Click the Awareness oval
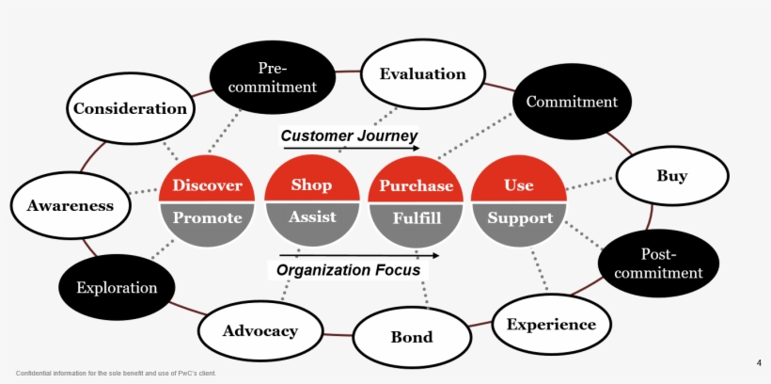(x=70, y=205)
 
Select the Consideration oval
(x=130, y=108)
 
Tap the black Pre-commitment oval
(x=271, y=78)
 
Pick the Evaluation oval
(x=422, y=74)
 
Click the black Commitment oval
(x=572, y=102)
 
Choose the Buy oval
(x=671, y=176)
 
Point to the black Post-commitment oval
(x=658, y=264)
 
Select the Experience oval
(x=551, y=325)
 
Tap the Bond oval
(x=412, y=337)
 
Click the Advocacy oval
(x=260, y=330)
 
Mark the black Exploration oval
(x=117, y=287)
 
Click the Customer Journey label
(x=349, y=136)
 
